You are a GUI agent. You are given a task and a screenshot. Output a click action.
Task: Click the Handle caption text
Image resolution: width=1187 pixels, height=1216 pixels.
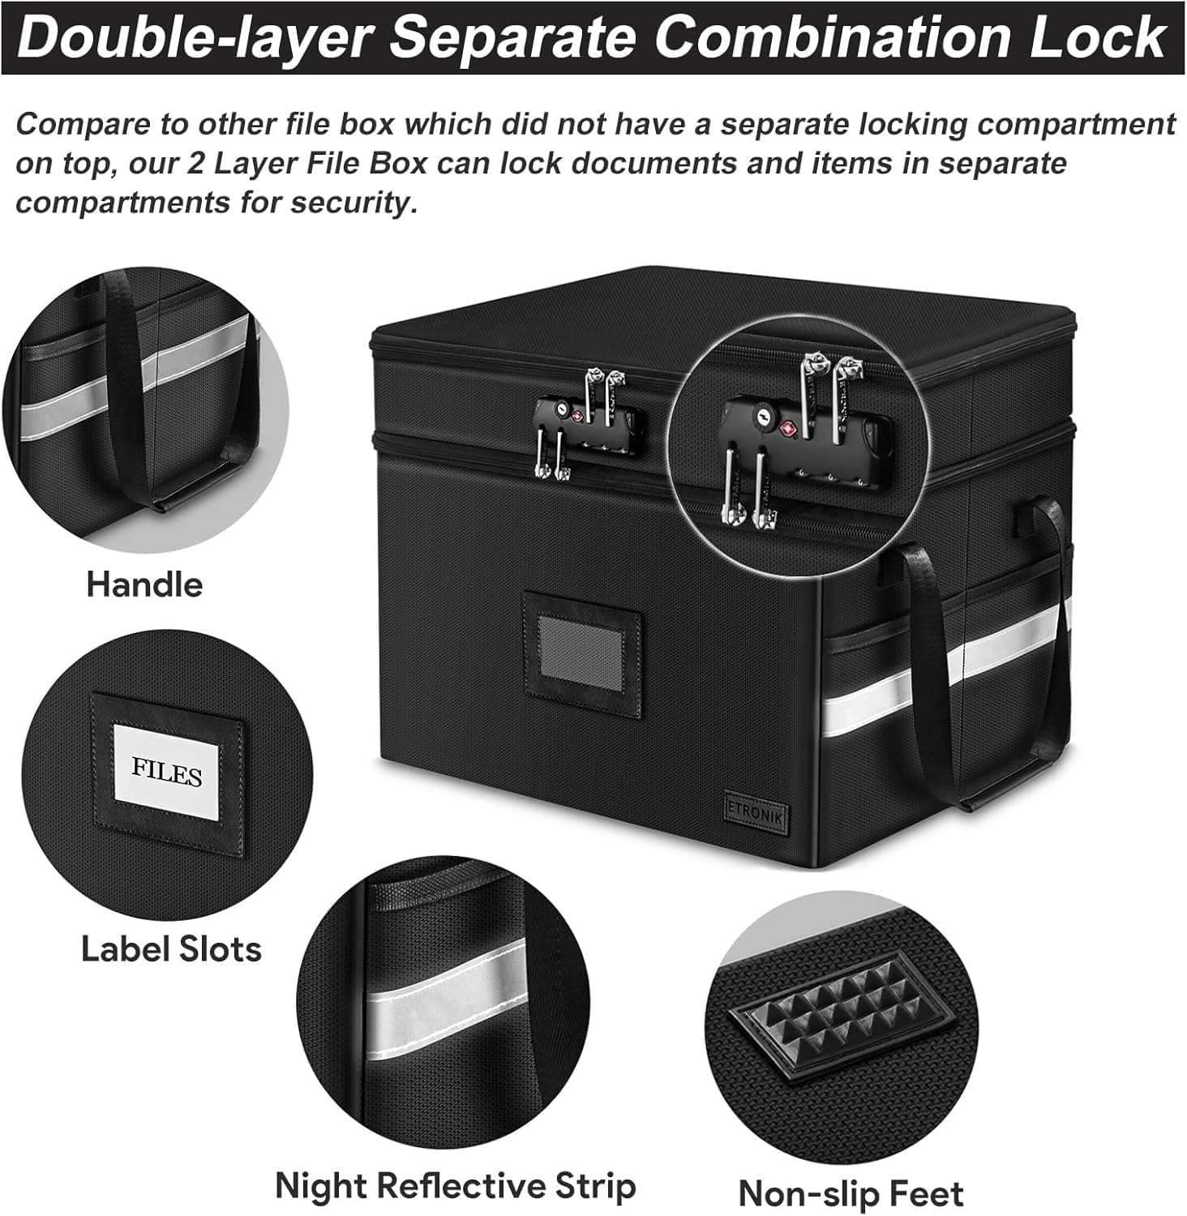click(x=144, y=584)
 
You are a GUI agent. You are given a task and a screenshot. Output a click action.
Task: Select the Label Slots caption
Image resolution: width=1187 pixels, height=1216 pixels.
click(x=171, y=949)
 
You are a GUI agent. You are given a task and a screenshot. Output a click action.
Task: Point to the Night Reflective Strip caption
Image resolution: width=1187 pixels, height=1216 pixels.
click(x=456, y=1186)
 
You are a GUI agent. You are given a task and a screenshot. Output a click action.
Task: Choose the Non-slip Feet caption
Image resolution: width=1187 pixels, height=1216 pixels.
click(x=851, y=1194)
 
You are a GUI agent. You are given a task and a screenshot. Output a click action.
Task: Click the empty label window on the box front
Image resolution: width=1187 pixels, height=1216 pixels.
click(x=581, y=651)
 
